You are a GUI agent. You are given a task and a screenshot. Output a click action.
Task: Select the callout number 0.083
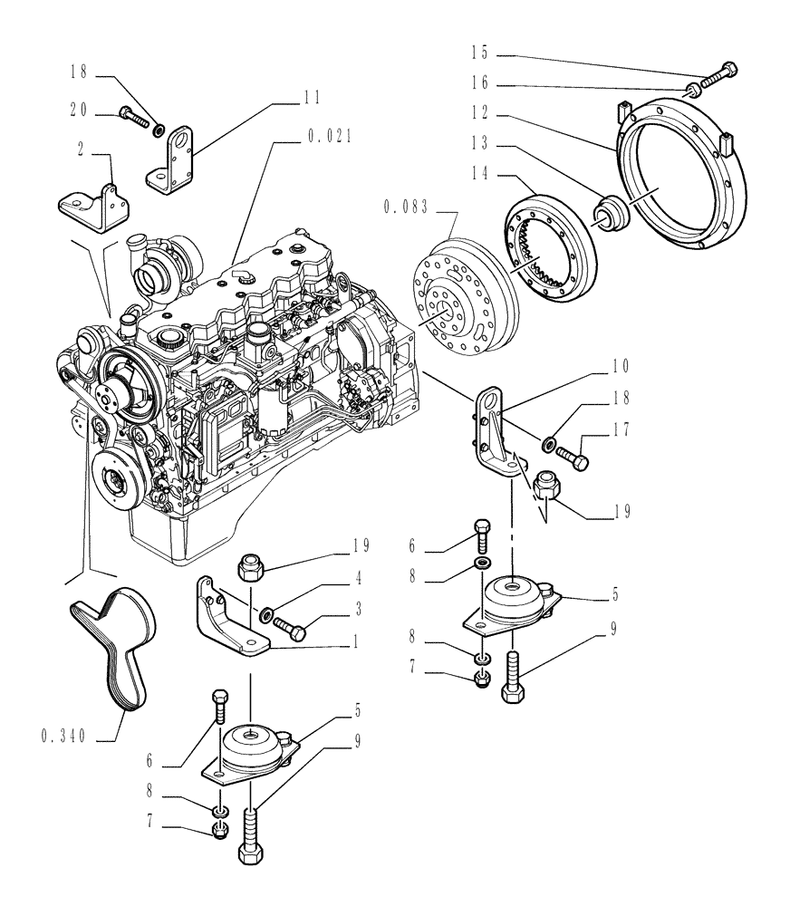(404, 207)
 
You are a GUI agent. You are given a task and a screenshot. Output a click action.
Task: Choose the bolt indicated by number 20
(132, 117)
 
